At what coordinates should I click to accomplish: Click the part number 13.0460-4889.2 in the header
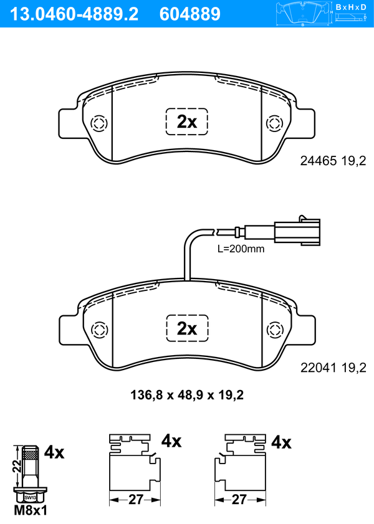click(74, 14)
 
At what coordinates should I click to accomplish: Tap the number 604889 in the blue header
click(190, 14)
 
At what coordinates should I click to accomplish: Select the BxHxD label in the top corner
click(350, 7)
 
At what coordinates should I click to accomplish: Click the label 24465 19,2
click(333, 161)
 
